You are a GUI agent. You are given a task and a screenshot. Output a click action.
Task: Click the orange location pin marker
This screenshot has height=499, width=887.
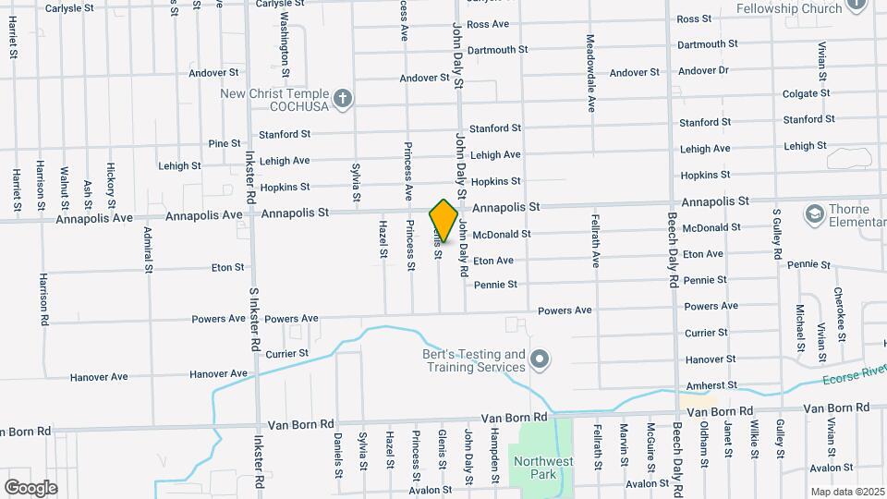[443, 220]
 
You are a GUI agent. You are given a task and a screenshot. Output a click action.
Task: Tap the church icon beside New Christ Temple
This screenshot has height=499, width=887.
[343, 99]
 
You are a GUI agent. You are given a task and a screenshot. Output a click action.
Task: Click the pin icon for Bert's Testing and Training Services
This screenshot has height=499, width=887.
[541, 358]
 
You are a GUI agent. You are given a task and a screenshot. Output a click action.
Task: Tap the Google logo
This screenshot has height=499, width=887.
[31, 487]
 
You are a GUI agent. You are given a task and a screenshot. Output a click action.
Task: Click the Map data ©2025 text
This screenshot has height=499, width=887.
[846, 492]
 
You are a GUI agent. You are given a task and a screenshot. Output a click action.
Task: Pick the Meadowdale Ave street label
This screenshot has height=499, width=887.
[590, 73]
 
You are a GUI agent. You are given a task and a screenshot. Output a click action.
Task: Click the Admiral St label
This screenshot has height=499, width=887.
[149, 250]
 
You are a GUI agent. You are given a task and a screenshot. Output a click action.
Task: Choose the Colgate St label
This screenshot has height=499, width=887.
[808, 94]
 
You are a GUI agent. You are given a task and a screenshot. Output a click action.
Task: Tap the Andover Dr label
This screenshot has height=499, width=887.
[703, 70]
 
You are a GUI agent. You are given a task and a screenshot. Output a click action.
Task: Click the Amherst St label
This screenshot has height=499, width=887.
[711, 384]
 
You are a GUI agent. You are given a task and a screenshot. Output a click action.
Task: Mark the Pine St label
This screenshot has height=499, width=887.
[225, 143]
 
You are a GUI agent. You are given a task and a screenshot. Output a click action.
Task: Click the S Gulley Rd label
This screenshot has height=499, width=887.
[778, 235]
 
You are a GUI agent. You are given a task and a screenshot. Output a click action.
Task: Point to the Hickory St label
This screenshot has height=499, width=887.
[111, 185]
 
